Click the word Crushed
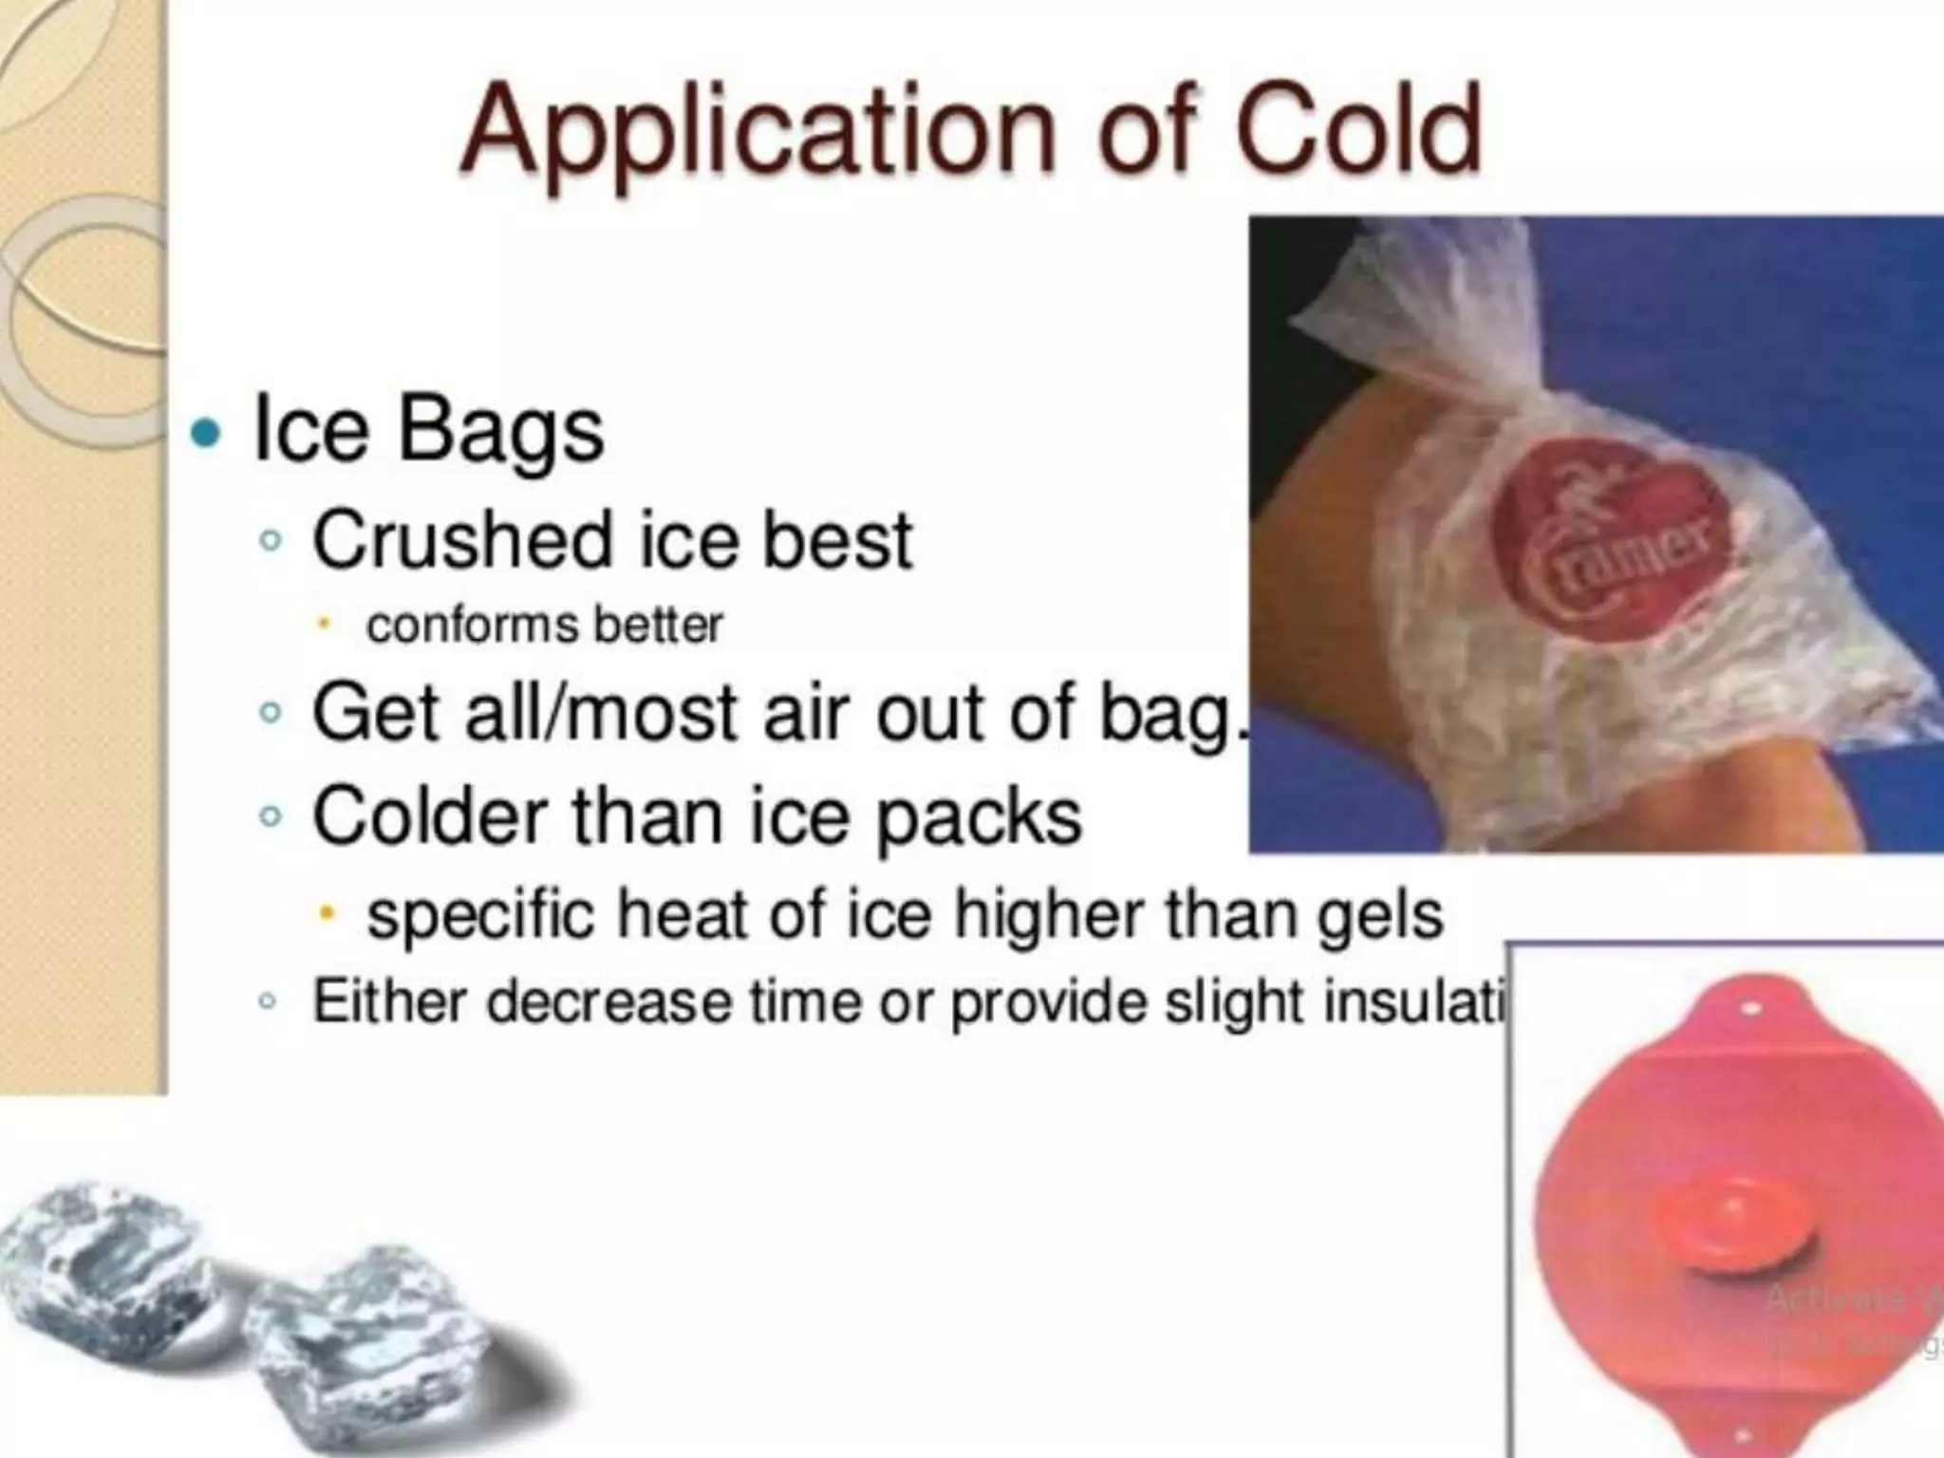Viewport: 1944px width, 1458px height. pyautogui.click(x=462, y=540)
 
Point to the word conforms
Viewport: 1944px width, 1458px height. pyautogui.click(x=472, y=626)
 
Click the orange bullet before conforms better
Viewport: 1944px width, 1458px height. pyautogui.click(x=325, y=624)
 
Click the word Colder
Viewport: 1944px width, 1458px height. pyautogui.click(x=429, y=815)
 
